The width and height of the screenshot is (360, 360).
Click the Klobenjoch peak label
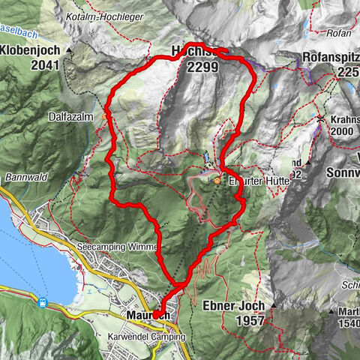point(33,51)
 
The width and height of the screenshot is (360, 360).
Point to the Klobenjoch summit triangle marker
point(69,50)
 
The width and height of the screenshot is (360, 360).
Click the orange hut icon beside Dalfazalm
point(105,116)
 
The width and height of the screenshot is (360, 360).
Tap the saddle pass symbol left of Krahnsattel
point(319,119)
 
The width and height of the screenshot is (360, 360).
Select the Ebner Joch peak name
point(235,305)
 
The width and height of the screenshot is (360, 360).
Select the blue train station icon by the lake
point(43,303)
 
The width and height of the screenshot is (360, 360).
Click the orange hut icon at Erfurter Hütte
point(217,180)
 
